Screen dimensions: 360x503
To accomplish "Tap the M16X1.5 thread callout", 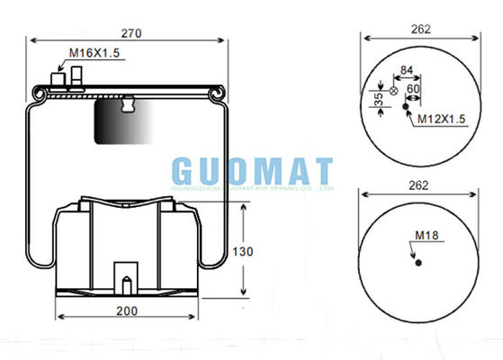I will pyautogui.click(x=94, y=53).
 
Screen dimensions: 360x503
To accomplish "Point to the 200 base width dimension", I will pyautogui.click(x=126, y=311).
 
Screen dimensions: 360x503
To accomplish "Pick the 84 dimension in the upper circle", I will pyautogui.click(x=407, y=70).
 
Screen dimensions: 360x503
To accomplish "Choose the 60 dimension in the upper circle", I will pyautogui.click(x=413, y=88).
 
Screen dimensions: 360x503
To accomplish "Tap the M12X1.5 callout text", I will pyautogui.click(x=441, y=119).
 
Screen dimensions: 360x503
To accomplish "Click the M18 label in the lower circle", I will pyautogui.click(x=426, y=236).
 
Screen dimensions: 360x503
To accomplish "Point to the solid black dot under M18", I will pyautogui.click(x=419, y=263).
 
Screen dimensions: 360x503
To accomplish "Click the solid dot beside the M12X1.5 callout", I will pyautogui.click(x=406, y=107).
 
